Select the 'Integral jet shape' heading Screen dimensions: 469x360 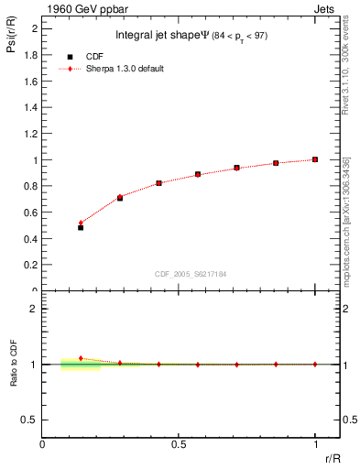158,37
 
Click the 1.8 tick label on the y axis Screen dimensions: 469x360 31,55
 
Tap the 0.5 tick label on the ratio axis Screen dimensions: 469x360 31,420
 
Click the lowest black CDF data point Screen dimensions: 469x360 81,227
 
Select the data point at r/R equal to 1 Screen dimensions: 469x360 315,159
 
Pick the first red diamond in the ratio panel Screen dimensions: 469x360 81,358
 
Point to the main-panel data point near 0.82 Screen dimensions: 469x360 158,183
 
